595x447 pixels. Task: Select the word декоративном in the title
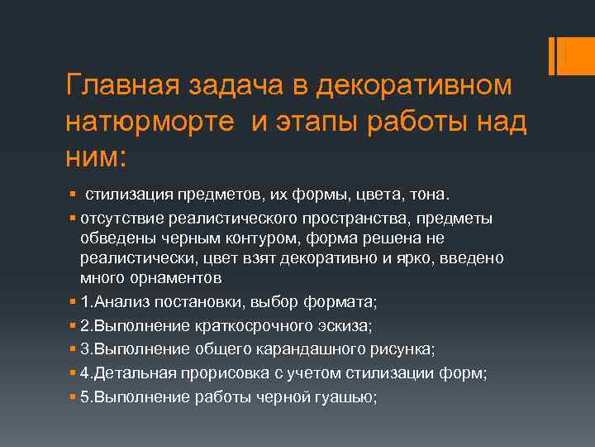click(x=412, y=85)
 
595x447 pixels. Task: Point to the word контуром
click(x=268, y=238)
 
